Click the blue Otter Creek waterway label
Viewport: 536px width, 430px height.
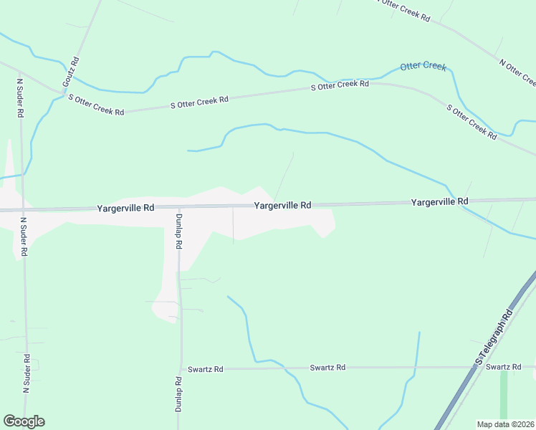(x=423, y=66)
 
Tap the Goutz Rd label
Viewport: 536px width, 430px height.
(x=71, y=72)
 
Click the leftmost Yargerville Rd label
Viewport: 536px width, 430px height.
(x=125, y=208)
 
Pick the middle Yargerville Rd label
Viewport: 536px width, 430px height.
(x=282, y=205)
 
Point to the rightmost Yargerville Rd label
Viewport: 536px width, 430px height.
(x=439, y=202)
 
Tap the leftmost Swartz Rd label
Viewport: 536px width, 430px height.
(x=206, y=369)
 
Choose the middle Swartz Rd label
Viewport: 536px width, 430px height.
(x=327, y=367)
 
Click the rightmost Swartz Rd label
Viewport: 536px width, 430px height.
(x=502, y=366)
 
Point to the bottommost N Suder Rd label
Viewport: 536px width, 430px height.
(x=26, y=373)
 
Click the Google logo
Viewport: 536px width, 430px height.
(x=24, y=421)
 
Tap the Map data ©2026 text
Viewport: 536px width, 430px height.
(x=504, y=424)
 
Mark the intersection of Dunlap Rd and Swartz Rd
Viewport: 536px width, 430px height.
(x=181, y=369)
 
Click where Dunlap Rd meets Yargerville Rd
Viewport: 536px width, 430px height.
(x=178, y=208)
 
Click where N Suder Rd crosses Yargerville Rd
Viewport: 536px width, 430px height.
(x=23, y=210)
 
